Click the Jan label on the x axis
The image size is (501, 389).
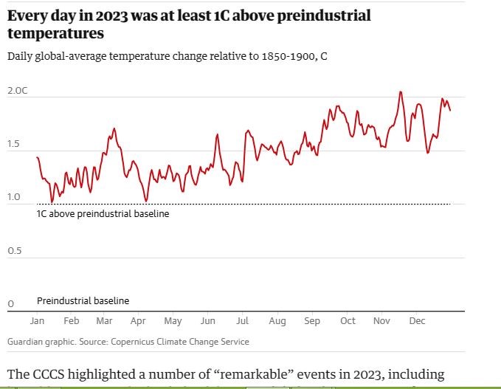pyautogui.click(x=37, y=321)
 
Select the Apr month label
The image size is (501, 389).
pyautogui.click(x=138, y=321)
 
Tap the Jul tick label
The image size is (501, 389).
pyautogui.click(x=242, y=321)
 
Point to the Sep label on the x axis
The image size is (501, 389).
pyautogui.click(x=312, y=321)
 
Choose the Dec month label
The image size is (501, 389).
pyautogui.click(x=417, y=321)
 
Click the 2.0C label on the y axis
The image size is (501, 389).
pyautogui.click(x=17, y=91)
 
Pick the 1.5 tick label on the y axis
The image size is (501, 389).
pyautogui.click(x=14, y=145)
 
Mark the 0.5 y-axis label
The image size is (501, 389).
pyautogui.click(x=14, y=251)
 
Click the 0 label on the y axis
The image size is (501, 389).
pyautogui.click(x=10, y=304)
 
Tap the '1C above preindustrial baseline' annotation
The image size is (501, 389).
pyautogui.click(x=103, y=214)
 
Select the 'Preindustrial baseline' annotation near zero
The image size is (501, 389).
pyautogui.click(x=83, y=300)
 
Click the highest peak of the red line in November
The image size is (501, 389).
pyautogui.click(x=401, y=92)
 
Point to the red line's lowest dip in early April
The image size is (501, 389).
pyautogui.click(x=146, y=201)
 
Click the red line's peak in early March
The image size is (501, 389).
pyautogui.click(x=114, y=128)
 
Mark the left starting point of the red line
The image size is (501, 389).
pyautogui.click(x=37, y=157)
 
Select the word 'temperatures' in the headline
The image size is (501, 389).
pyautogui.click(x=55, y=33)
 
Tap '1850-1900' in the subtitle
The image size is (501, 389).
pyautogui.click(x=280, y=56)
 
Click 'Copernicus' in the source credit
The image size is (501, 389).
pyautogui.click(x=137, y=342)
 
